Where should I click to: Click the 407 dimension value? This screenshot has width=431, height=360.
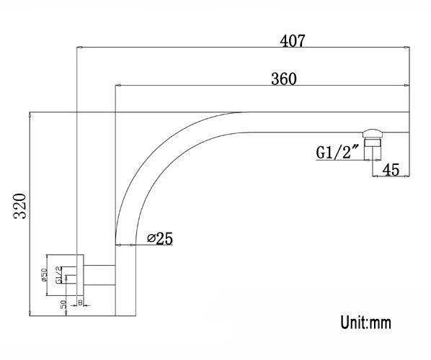(x=293, y=41)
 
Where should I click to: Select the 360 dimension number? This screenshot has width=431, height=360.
(x=283, y=78)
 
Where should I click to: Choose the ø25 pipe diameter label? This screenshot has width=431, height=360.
(x=159, y=238)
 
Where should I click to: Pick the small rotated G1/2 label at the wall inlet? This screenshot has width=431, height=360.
(x=58, y=276)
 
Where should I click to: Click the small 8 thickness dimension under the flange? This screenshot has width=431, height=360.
(x=80, y=302)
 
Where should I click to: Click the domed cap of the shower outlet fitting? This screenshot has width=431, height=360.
(x=373, y=132)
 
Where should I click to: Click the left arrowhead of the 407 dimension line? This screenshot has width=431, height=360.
(x=79, y=48)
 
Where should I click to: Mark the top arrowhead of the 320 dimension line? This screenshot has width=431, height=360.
(x=30, y=114)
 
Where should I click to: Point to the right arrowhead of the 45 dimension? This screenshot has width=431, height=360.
(x=409, y=176)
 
